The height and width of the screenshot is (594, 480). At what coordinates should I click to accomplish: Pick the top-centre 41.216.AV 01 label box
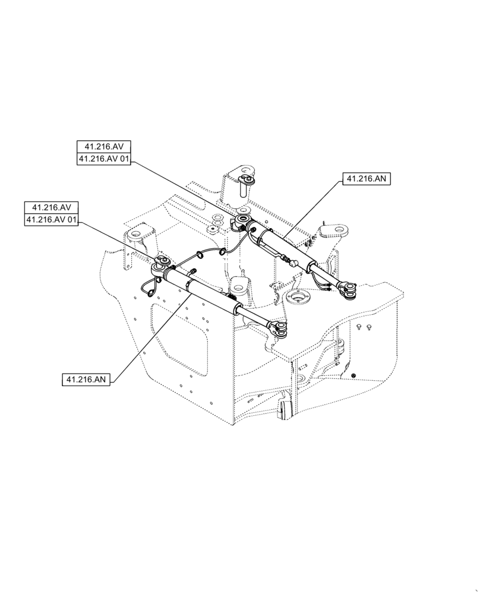[104, 159]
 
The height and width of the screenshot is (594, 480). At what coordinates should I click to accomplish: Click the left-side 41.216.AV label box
[52, 208]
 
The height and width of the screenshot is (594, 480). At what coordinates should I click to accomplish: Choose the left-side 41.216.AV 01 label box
[52, 220]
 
